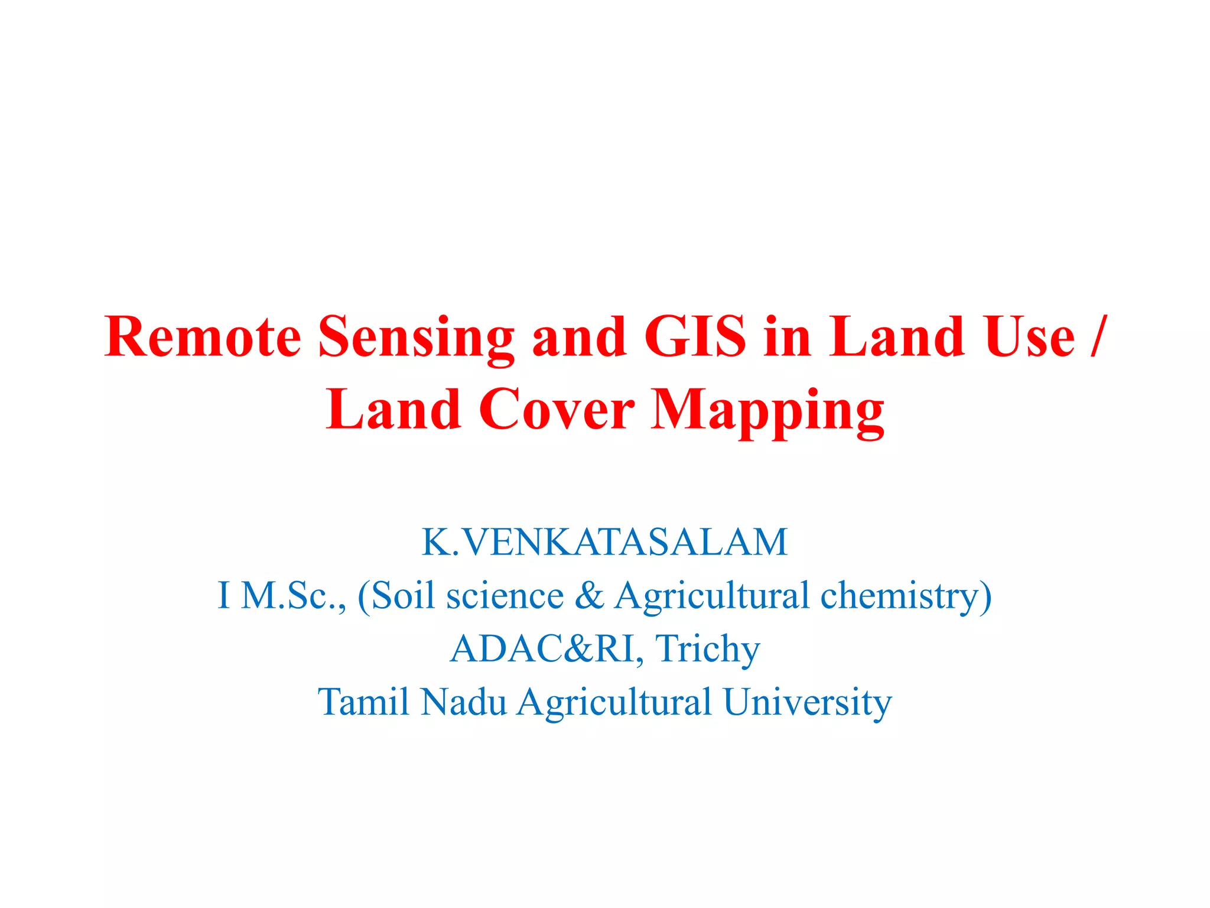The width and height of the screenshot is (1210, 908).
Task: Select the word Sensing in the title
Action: pyautogui.click(x=416, y=338)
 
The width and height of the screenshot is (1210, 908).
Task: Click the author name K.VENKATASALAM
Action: pyautogui.click(x=604, y=541)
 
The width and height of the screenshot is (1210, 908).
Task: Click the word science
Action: pyautogui.click(x=505, y=595)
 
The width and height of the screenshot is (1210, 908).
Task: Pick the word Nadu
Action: pyautogui.click(x=464, y=702)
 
